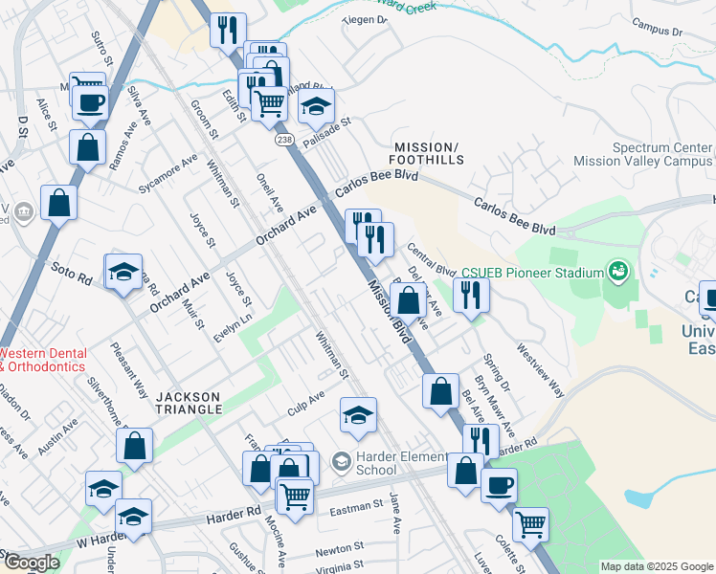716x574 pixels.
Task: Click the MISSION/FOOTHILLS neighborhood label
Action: (x=427, y=154)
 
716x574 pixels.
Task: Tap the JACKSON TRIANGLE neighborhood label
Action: (x=189, y=403)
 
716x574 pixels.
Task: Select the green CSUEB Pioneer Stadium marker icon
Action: (x=619, y=273)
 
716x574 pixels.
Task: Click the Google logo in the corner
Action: (x=31, y=563)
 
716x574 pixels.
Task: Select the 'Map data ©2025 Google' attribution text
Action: (x=656, y=566)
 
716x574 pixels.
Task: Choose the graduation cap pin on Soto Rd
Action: (x=123, y=273)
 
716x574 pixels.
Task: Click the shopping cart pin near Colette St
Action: (x=530, y=523)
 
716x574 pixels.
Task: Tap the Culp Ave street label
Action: (x=306, y=403)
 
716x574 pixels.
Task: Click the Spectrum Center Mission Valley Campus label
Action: (x=662, y=155)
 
